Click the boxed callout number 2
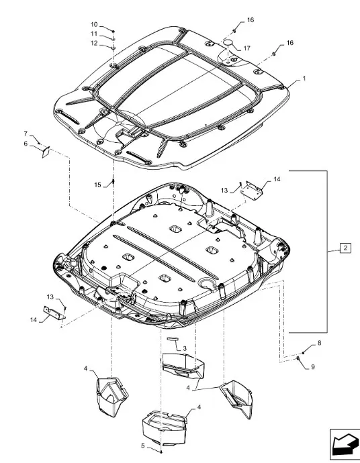point(345,248)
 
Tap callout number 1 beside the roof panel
point(304,79)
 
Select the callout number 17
point(246,48)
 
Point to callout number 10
point(94,25)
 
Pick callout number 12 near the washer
point(94,43)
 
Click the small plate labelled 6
point(46,152)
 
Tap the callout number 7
point(26,134)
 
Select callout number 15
point(98,185)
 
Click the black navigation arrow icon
point(345,443)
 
